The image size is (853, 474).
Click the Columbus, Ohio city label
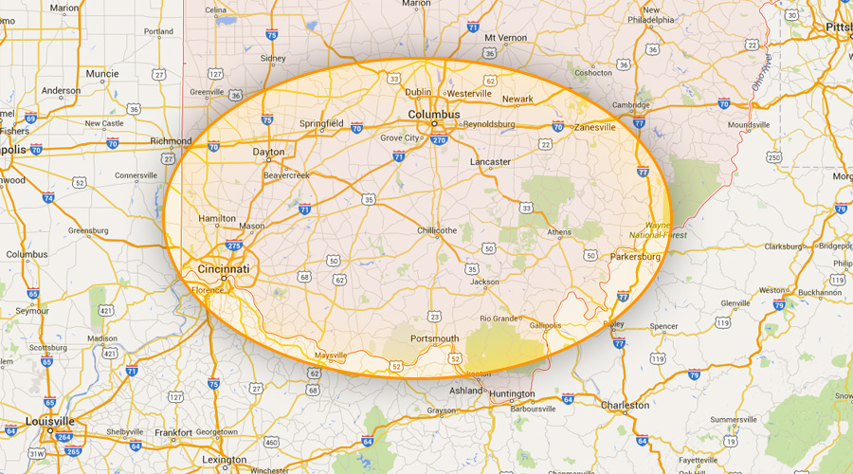[433, 115]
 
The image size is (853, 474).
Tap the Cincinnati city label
[224, 269]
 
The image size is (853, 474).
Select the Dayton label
[268, 152]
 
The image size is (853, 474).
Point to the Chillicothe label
[437, 230]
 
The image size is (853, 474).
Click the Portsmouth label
[434, 338]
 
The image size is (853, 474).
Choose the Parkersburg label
[635, 256]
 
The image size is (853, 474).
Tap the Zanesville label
[595, 127]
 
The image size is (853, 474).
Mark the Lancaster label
[490, 162]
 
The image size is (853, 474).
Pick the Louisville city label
[49, 421]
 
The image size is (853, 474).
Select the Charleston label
[626, 405]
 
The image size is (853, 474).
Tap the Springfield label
[321, 123]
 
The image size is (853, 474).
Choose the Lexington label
[224, 460]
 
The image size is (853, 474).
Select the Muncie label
[102, 73]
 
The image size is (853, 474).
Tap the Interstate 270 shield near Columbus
[439, 139]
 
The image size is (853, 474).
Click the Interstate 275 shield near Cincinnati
[234, 246]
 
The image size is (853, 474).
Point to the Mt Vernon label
[504, 38]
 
